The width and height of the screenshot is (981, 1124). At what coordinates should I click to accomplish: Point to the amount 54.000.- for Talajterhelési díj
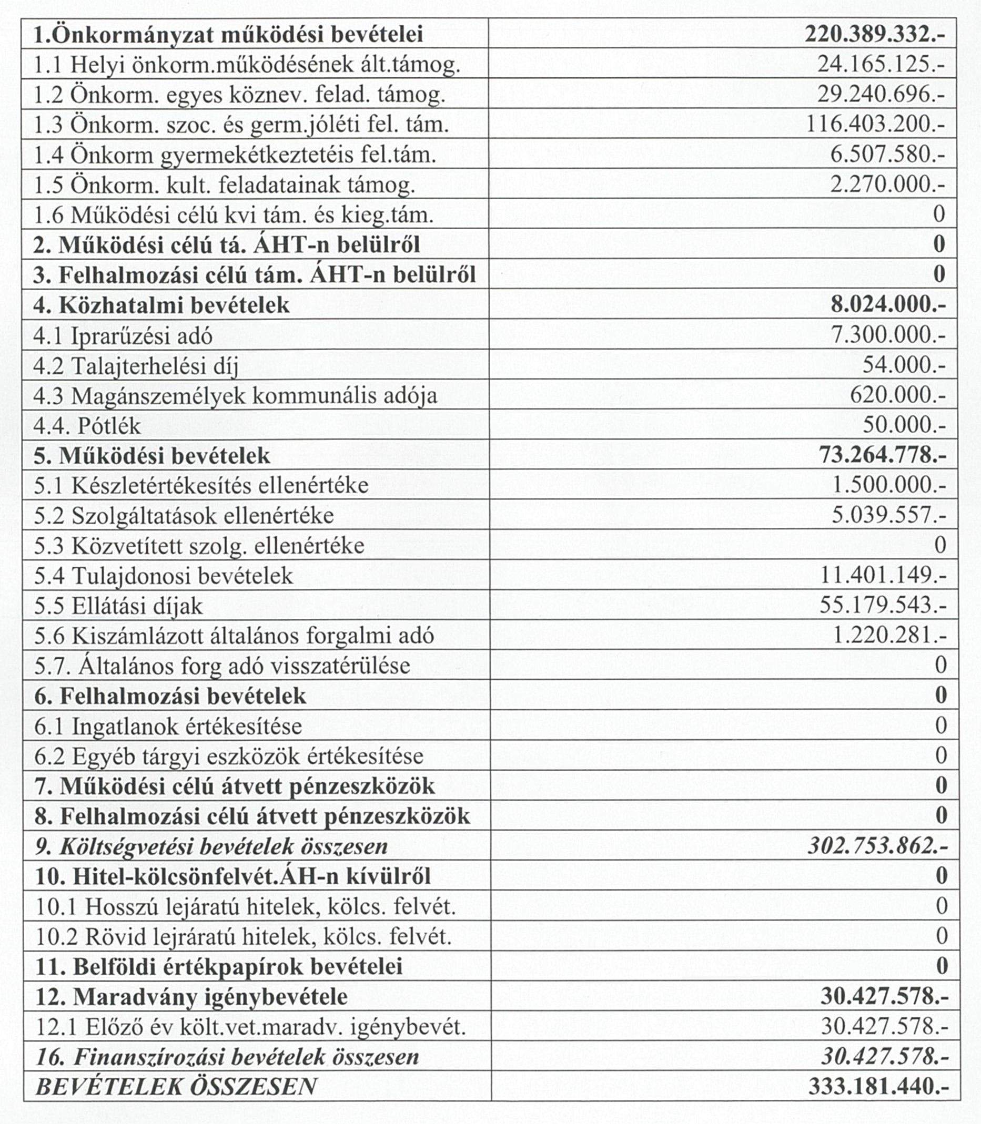point(904,365)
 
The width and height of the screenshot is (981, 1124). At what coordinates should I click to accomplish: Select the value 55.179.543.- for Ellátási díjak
point(883,605)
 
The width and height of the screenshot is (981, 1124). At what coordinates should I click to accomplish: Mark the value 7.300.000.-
point(888,335)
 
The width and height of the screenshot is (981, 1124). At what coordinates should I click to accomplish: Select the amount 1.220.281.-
point(888,635)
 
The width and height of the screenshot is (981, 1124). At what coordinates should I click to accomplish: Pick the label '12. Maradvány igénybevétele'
point(191,996)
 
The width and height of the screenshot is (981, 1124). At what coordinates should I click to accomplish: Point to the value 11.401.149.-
point(883,575)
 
